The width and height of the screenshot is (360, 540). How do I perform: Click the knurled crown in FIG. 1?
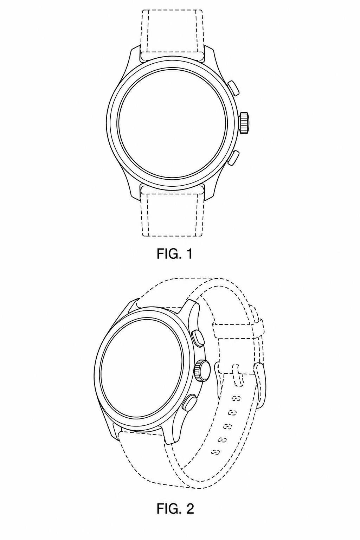[244, 122]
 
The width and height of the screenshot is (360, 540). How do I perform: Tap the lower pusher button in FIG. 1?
[233, 157]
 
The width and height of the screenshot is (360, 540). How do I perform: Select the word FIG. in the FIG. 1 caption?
[168, 254]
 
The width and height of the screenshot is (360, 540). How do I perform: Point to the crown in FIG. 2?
[202, 371]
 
